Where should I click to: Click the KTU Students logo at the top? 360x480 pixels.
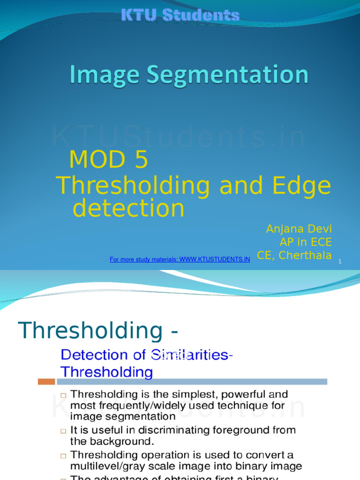tap(180, 15)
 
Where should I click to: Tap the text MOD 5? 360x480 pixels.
tap(109, 160)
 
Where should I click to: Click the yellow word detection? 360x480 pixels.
tap(129, 209)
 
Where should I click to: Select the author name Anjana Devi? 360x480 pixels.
tap(299, 229)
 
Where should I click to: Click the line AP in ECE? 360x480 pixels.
tap(305, 242)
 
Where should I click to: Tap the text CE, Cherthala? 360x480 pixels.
tap(294, 255)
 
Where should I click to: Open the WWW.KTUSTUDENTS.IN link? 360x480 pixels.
tap(214, 259)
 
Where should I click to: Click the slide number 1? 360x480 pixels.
tap(340, 261)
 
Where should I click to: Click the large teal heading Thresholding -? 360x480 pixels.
tap(98, 330)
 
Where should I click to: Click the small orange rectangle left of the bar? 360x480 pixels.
tap(46, 382)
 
